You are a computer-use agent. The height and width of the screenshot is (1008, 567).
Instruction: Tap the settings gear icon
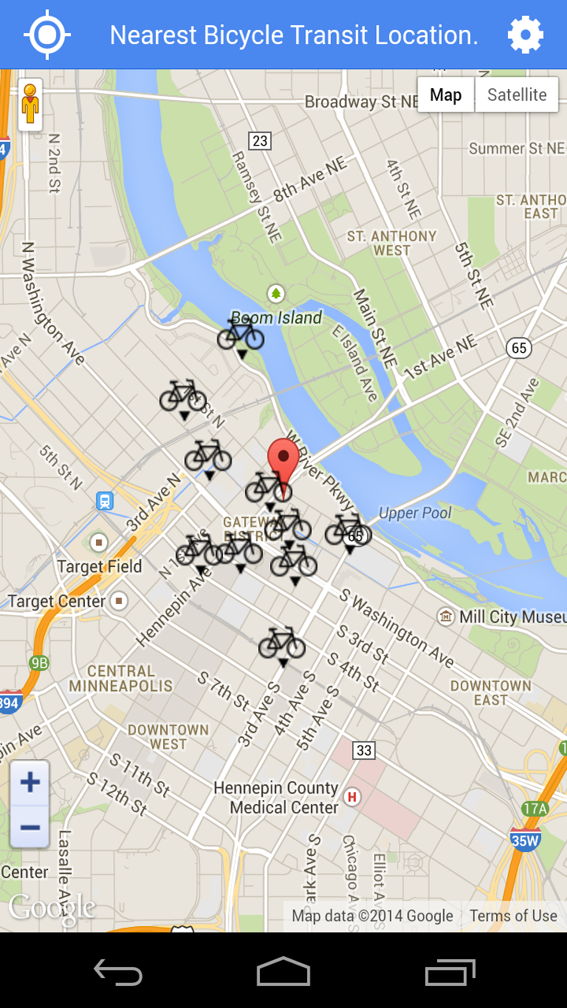(x=525, y=35)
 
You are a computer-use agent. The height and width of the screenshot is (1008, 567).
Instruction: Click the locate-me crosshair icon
(x=47, y=35)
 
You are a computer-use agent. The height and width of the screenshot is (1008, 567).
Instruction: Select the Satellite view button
(x=517, y=95)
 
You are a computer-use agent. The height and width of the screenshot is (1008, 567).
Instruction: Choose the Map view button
(x=446, y=95)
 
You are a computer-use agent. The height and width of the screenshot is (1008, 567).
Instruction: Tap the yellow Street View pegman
(x=30, y=104)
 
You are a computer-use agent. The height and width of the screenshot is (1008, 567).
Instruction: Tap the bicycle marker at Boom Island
(x=241, y=333)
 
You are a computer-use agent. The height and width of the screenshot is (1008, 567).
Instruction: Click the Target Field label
(x=99, y=566)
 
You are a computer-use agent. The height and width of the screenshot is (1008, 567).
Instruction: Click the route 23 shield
(x=259, y=141)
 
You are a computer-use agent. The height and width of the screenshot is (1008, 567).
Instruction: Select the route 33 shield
(x=363, y=750)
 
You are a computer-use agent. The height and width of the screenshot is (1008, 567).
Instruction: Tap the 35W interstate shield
(x=524, y=839)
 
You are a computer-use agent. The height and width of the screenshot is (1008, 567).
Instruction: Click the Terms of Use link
(x=513, y=916)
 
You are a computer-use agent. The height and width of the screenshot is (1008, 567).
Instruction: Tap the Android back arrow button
(x=118, y=973)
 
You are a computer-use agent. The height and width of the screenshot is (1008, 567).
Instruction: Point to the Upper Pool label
(x=415, y=513)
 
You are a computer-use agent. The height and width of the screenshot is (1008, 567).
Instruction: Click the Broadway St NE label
(x=361, y=102)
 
